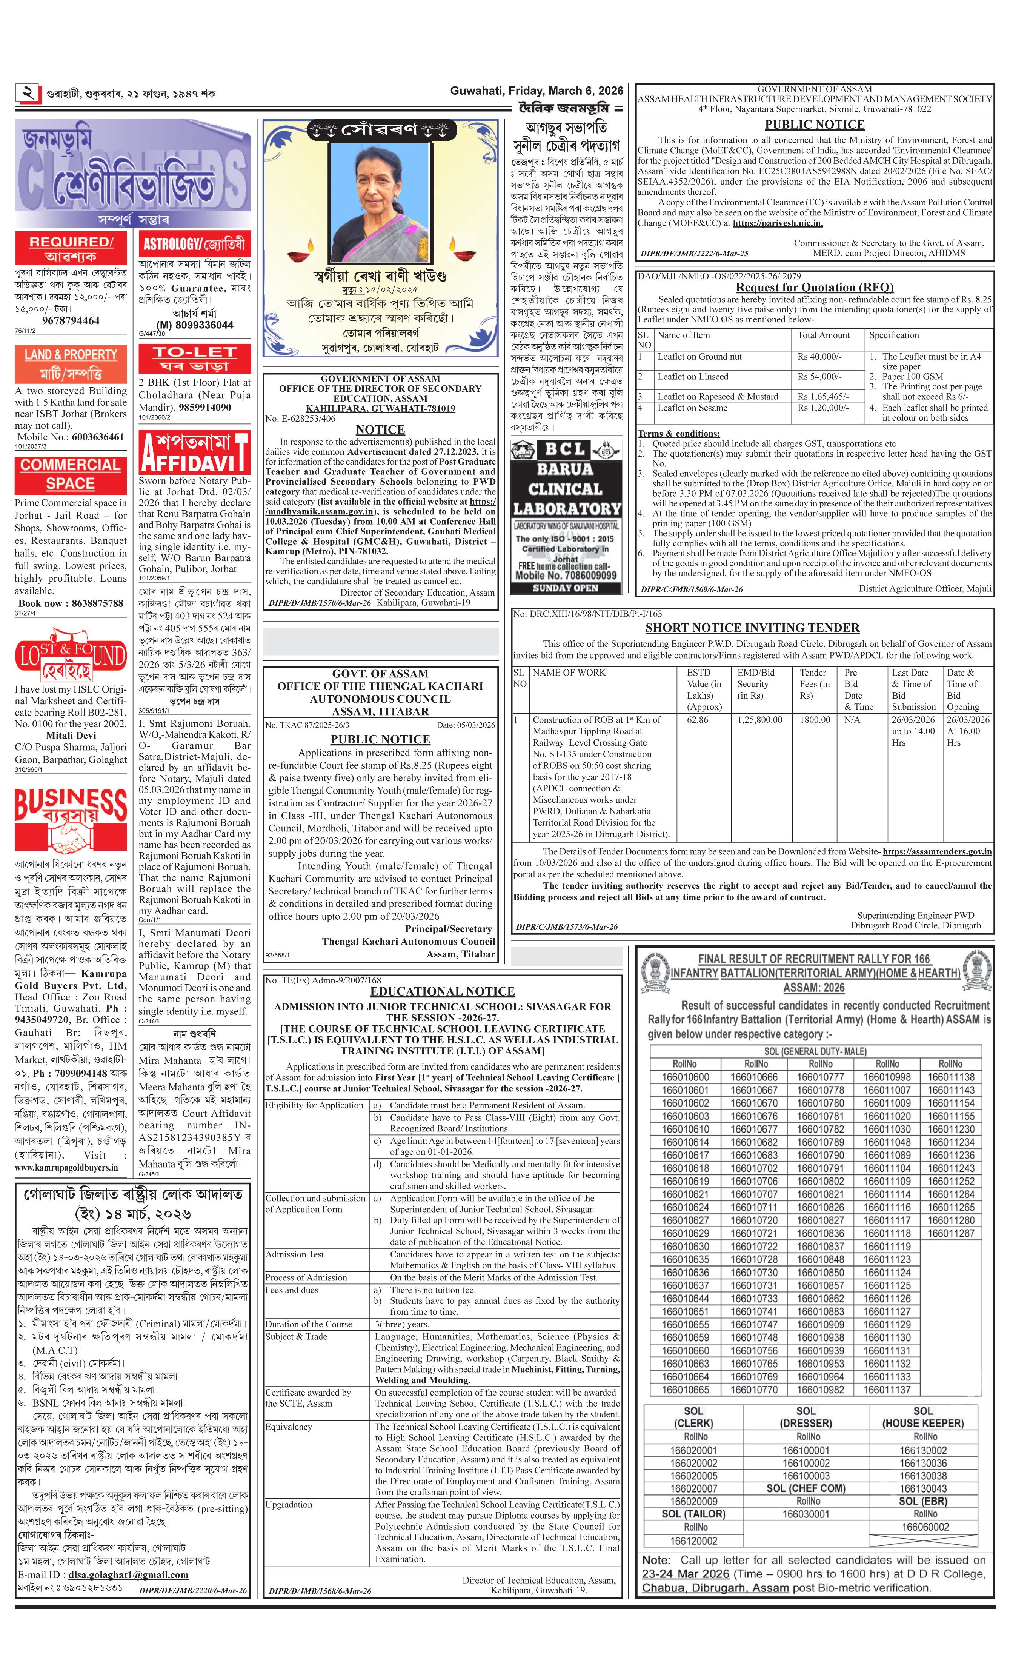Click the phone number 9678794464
click(x=71, y=320)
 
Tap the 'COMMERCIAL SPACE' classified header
click(x=71, y=474)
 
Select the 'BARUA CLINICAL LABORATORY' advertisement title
click(x=566, y=489)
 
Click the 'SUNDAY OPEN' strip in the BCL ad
click(x=566, y=588)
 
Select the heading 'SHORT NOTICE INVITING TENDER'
click(x=752, y=628)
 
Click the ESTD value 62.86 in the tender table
click(x=698, y=719)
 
